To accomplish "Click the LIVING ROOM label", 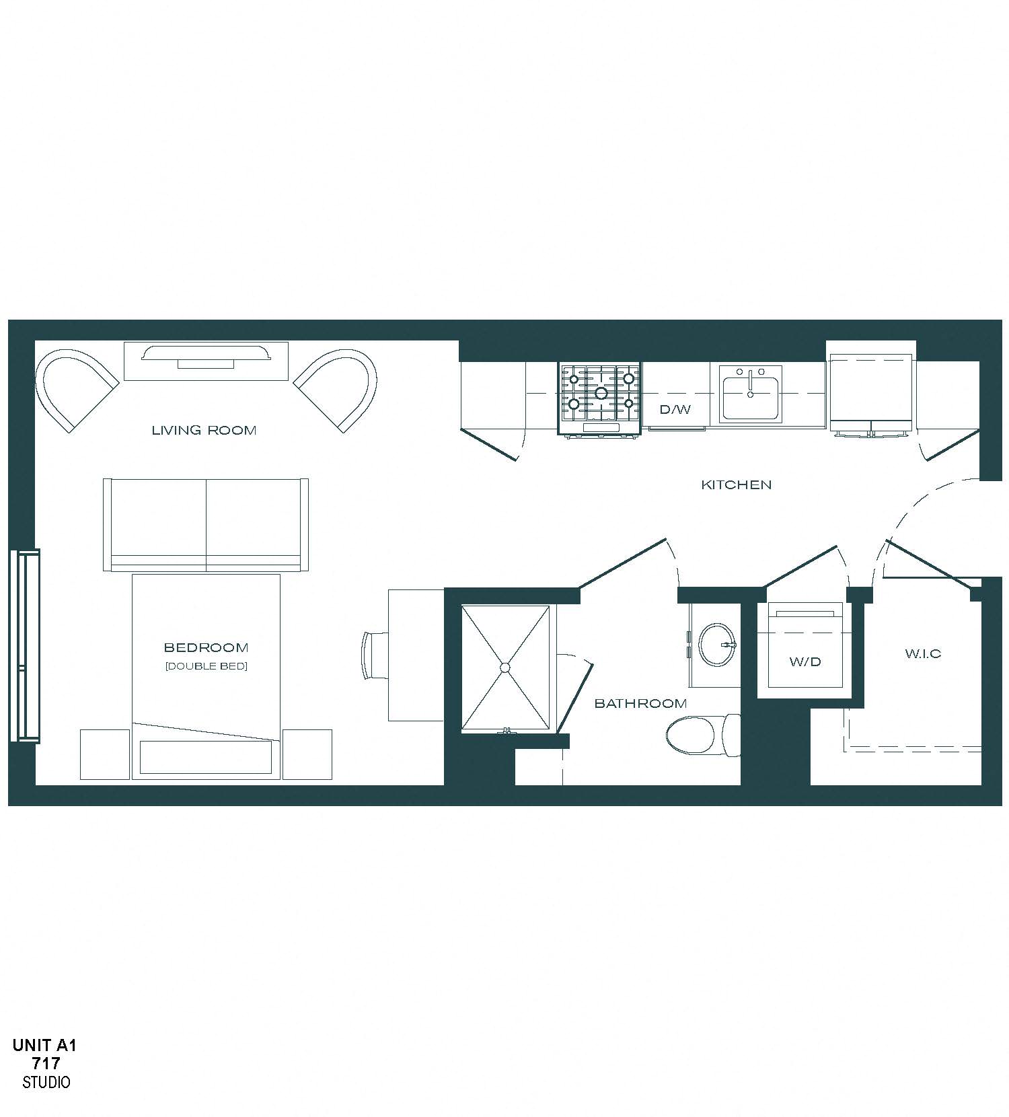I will [x=204, y=431].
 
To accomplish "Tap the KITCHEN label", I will [x=736, y=484].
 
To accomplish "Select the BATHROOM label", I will [x=640, y=704].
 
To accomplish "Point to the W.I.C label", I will [x=923, y=653].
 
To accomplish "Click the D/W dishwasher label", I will [x=675, y=409].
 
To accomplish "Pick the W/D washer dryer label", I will [x=805, y=661].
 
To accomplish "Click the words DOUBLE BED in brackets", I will [x=207, y=666].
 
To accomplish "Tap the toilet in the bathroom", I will [x=700, y=735].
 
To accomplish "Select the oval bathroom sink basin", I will [x=716, y=645].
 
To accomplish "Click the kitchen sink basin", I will [x=750, y=398].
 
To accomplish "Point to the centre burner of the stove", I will [x=601, y=393].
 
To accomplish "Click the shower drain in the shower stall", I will [x=505, y=667].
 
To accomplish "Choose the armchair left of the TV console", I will [x=74, y=387].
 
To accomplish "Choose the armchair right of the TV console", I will [x=338, y=387].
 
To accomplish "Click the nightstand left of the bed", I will [x=105, y=754].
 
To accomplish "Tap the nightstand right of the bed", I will [x=307, y=754].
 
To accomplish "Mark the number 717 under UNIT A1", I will [x=46, y=1064].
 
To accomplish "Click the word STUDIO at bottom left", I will [x=46, y=1082].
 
